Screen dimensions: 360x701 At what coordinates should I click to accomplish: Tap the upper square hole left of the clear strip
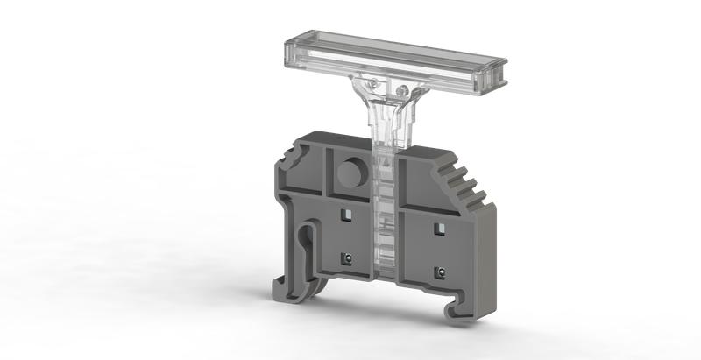click(347, 215)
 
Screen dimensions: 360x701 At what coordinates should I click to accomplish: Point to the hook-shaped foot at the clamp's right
click(456, 307)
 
